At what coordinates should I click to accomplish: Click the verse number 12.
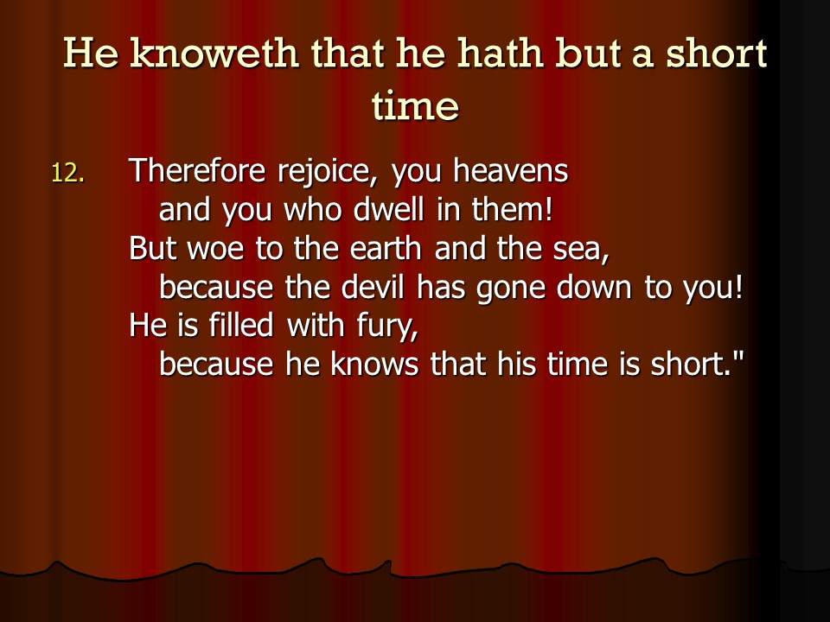pos(67,173)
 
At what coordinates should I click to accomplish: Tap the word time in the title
pos(415,105)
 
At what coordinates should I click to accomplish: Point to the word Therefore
pos(197,170)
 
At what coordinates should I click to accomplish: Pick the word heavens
pos(511,170)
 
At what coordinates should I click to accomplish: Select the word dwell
pos(389,209)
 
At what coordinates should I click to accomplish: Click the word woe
pos(216,248)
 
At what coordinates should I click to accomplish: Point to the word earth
pos(386,248)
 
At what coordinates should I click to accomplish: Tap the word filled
pos(241,325)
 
